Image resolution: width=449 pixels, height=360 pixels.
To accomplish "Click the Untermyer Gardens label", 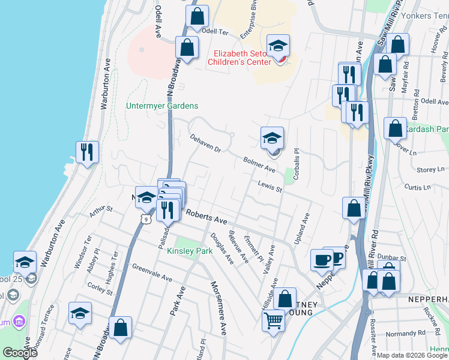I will point(161,106).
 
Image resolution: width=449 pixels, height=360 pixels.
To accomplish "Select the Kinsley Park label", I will point(190,251).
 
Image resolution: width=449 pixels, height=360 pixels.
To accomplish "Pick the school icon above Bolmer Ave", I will point(271,138).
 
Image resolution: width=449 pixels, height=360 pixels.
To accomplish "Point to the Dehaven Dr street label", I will point(205,143).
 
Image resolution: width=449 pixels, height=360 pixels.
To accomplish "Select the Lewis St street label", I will point(270,187).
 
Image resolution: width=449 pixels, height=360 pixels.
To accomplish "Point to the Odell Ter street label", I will point(216,30).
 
